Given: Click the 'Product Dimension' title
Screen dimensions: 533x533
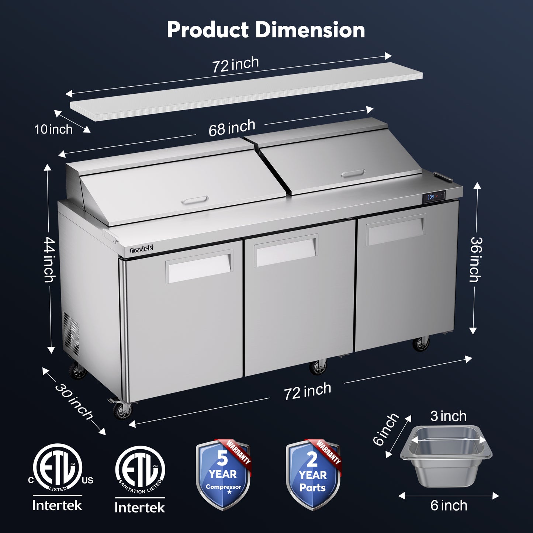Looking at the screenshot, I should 266,30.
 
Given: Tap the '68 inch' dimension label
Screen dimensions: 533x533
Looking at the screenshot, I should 232,128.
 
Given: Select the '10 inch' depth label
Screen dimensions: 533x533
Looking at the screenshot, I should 53,129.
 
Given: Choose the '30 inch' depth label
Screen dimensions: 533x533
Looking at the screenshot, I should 74,402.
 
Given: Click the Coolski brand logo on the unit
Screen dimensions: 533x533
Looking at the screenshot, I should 141,250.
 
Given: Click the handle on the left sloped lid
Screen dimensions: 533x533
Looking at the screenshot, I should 195,200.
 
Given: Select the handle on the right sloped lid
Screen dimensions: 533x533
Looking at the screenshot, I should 353,173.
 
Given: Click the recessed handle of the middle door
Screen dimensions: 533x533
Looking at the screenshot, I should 285,252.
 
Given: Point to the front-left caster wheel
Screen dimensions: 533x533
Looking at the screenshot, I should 122,411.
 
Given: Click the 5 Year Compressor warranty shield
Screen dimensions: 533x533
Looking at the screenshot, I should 223,475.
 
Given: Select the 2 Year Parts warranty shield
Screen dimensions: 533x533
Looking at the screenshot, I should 313,475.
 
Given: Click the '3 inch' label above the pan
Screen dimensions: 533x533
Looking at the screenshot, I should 448,416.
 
